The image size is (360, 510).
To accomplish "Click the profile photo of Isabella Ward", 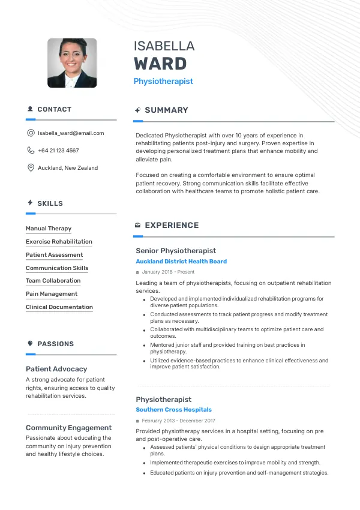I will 72,63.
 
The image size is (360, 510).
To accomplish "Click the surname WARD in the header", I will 160,64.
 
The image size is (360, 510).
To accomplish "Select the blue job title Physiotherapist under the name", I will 163,81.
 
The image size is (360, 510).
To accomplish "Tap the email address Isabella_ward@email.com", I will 71,133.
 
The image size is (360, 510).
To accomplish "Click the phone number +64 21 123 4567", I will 58,151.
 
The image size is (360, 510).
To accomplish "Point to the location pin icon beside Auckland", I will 31,168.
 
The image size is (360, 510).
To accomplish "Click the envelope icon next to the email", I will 31,133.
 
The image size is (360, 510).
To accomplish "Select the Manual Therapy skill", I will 49,229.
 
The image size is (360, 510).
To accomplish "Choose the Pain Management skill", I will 52,294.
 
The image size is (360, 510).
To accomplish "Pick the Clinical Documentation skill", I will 59,307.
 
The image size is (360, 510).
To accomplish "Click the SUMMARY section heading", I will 166,110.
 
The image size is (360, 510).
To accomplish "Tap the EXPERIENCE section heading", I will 172,226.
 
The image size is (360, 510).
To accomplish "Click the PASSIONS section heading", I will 55,344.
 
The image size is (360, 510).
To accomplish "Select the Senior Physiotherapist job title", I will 176,251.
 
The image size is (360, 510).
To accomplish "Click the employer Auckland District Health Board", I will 181,262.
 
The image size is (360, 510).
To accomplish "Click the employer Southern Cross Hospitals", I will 173,410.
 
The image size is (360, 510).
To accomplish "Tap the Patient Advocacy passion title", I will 56,369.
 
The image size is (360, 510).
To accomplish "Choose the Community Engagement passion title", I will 68,428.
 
